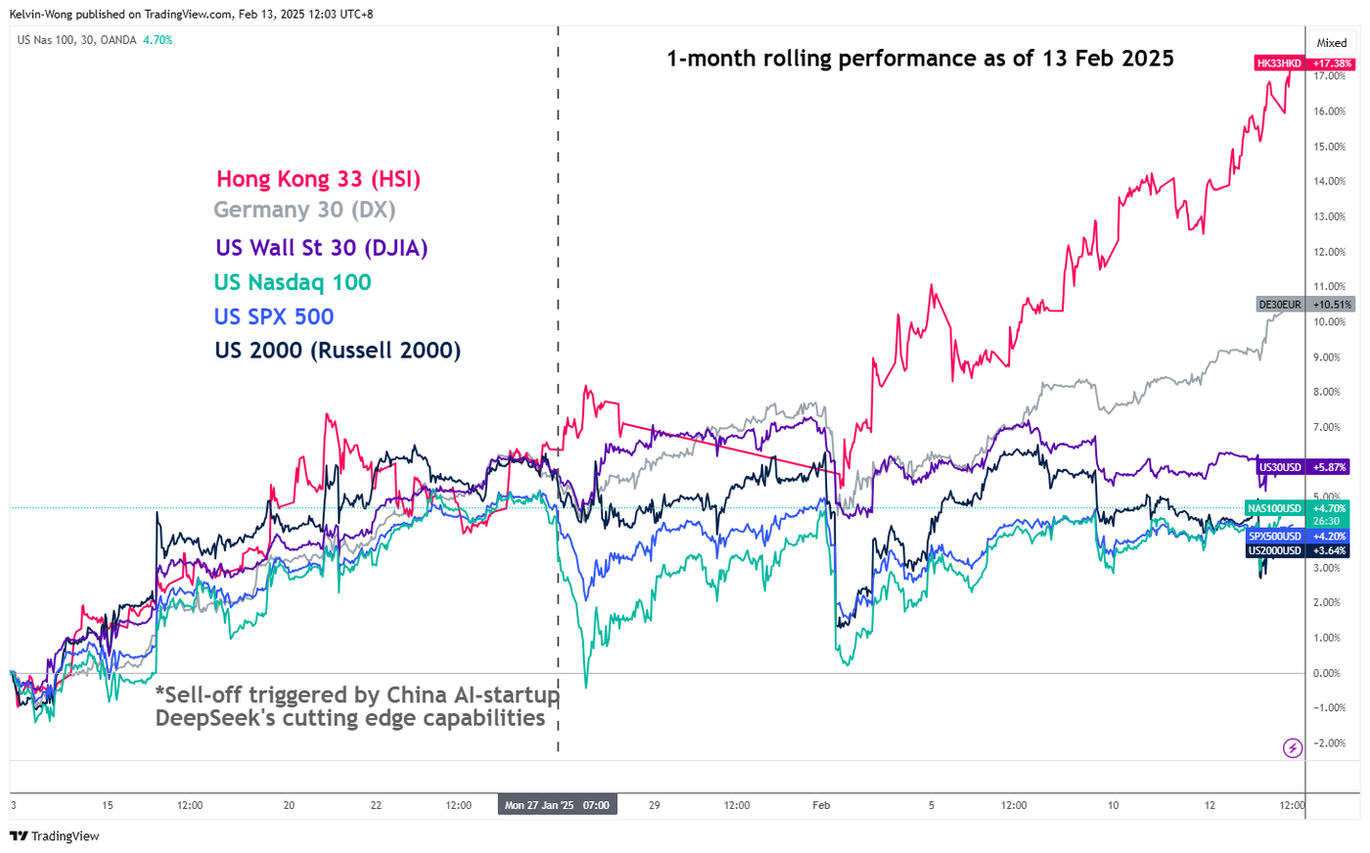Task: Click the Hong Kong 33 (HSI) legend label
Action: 318,179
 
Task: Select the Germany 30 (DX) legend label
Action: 304,210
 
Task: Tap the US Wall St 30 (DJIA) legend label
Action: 321,248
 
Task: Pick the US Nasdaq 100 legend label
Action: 293,283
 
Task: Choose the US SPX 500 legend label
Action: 274,317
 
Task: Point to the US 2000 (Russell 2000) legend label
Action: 338,351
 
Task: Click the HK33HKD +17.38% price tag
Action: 1304,64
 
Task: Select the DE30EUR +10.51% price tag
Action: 1305,305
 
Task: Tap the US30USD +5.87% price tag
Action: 1304,467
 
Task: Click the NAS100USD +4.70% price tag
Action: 1300,508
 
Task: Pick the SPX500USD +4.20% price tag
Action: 1300,537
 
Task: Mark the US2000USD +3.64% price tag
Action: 1300,550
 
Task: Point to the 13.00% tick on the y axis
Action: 1329,216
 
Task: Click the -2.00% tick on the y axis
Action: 1328,743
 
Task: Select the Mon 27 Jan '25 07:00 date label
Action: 557,805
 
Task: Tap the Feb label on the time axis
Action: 821,805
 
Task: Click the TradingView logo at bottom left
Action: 55,836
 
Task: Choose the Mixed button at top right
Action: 1331,43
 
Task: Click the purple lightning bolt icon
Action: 1293,748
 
